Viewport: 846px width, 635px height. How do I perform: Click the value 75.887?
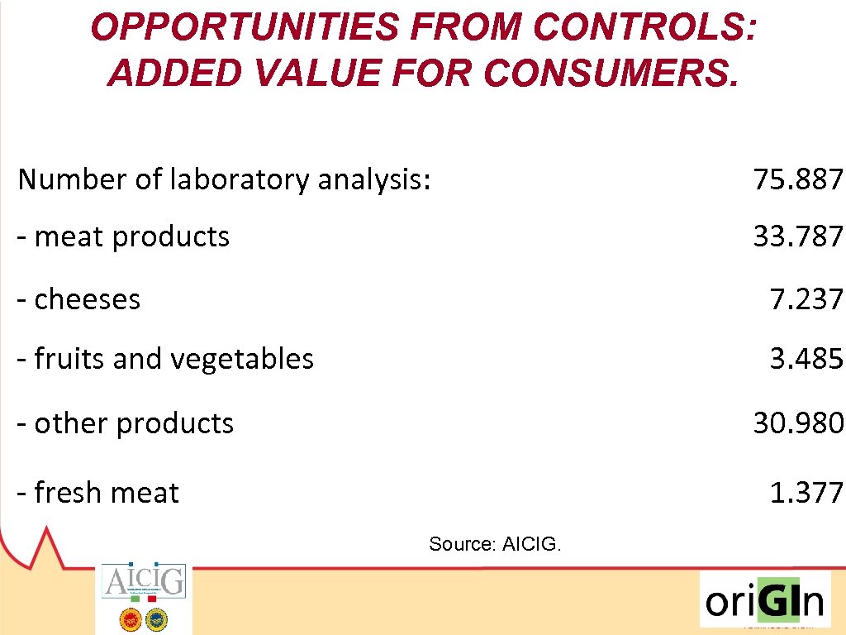click(x=797, y=179)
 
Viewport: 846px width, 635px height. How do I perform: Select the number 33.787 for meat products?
click(x=797, y=236)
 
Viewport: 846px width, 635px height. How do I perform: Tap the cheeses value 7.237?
click(x=806, y=298)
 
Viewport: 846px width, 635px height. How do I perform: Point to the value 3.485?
click(x=806, y=359)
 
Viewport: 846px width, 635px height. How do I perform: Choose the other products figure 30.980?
click(x=797, y=423)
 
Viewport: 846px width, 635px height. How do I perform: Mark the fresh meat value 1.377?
click(x=806, y=493)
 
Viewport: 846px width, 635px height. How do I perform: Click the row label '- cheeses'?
click(x=79, y=298)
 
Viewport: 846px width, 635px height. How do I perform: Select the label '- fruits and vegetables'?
click(x=166, y=359)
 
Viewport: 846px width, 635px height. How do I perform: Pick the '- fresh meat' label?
click(x=98, y=493)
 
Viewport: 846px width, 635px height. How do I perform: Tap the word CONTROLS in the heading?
click(x=643, y=28)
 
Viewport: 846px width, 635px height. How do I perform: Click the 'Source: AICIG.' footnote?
click(x=495, y=544)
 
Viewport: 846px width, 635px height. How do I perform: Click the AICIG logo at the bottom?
click(x=144, y=581)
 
